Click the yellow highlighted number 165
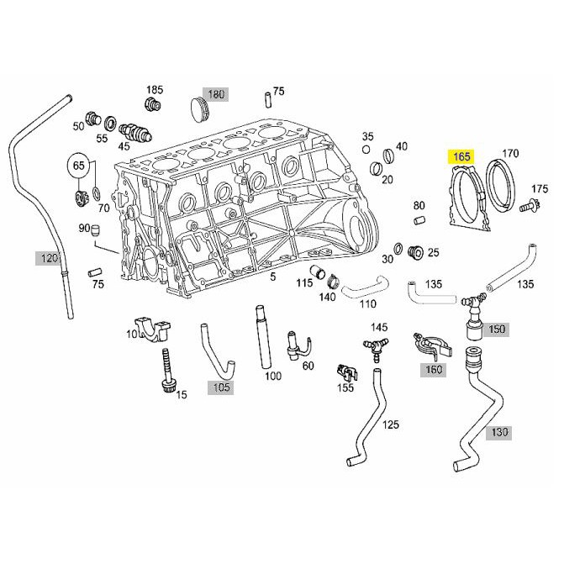coord(461,156)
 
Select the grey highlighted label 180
coord(215,95)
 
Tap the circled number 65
coord(79,166)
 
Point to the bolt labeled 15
coord(166,372)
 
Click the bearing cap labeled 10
coord(152,329)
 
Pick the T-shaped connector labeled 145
coord(376,348)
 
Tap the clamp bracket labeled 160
coord(432,345)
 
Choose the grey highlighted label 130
coord(498,432)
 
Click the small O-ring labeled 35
coord(366,150)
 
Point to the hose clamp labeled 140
coord(333,282)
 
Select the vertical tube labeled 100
coord(262,337)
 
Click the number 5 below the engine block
coord(273,277)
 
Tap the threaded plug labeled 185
coord(153,104)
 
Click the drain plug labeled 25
coord(416,252)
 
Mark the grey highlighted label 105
coord(220,387)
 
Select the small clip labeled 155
coord(347,372)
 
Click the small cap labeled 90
coord(96,230)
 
